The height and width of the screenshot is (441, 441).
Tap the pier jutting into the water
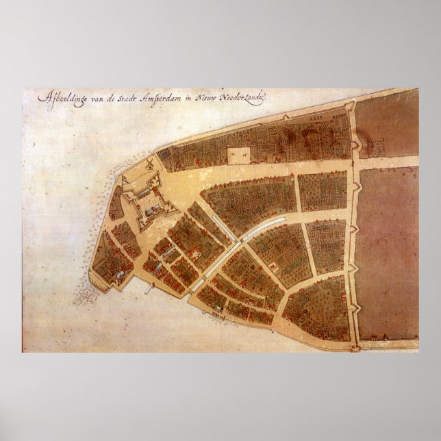tap(146, 286)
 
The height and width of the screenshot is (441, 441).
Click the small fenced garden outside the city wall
tap(376, 146)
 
